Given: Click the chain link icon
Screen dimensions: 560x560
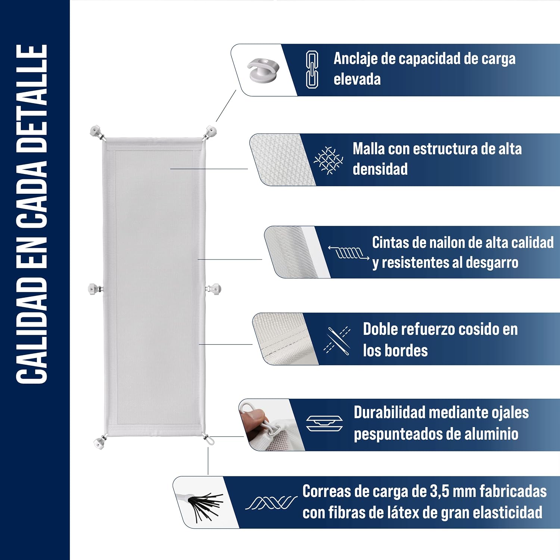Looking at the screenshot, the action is pyautogui.click(x=312, y=69).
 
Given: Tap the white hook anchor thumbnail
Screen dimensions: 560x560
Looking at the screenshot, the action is pyautogui.click(x=263, y=69).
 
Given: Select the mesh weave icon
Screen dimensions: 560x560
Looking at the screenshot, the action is pyautogui.click(x=328, y=160).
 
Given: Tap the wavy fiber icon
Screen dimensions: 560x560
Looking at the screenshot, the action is pyautogui.click(x=271, y=503).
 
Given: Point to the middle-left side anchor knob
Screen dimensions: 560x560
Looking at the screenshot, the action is pyautogui.click(x=95, y=289).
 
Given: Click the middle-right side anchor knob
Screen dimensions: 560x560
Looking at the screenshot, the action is pyautogui.click(x=214, y=289).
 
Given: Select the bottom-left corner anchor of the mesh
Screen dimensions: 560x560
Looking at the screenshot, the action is pyautogui.click(x=100, y=442).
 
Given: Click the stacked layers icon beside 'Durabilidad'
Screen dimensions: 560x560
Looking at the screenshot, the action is pyautogui.click(x=324, y=423).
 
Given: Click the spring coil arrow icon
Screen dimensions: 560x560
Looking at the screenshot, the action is pyautogui.click(x=349, y=253).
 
